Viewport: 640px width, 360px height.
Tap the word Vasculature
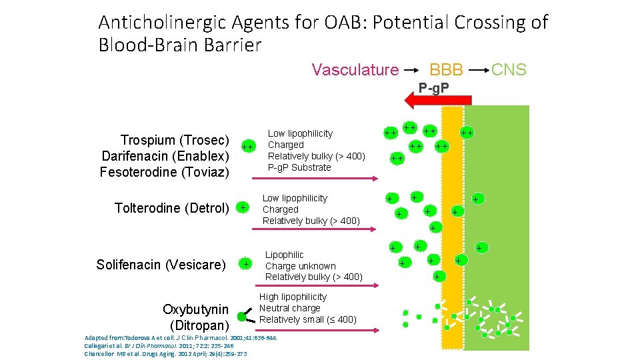(x=355, y=69)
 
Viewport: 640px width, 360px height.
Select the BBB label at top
(x=446, y=69)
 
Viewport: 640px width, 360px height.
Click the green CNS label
(x=508, y=69)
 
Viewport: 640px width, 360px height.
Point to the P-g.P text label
(x=433, y=87)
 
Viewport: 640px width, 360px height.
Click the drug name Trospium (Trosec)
(x=175, y=140)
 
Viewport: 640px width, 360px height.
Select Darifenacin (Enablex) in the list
(x=165, y=156)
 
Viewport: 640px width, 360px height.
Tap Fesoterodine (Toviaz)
(x=164, y=172)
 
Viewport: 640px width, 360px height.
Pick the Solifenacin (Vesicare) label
(x=161, y=265)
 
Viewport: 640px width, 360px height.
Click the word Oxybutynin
(x=195, y=310)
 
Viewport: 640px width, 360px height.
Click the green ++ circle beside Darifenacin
(x=247, y=146)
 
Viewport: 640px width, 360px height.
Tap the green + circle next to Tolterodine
(x=243, y=208)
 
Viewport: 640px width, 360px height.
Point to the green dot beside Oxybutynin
(x=242, y=317)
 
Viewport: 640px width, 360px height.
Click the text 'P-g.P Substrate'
(x=299, y=167)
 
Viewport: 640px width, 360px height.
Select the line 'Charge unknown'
(x=300, y=265)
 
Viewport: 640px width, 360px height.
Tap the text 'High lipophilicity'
(x=293, y=297)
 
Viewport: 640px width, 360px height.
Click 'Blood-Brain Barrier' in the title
(x=179, y=45)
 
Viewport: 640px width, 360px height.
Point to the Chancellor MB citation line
(x=165, y=353)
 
